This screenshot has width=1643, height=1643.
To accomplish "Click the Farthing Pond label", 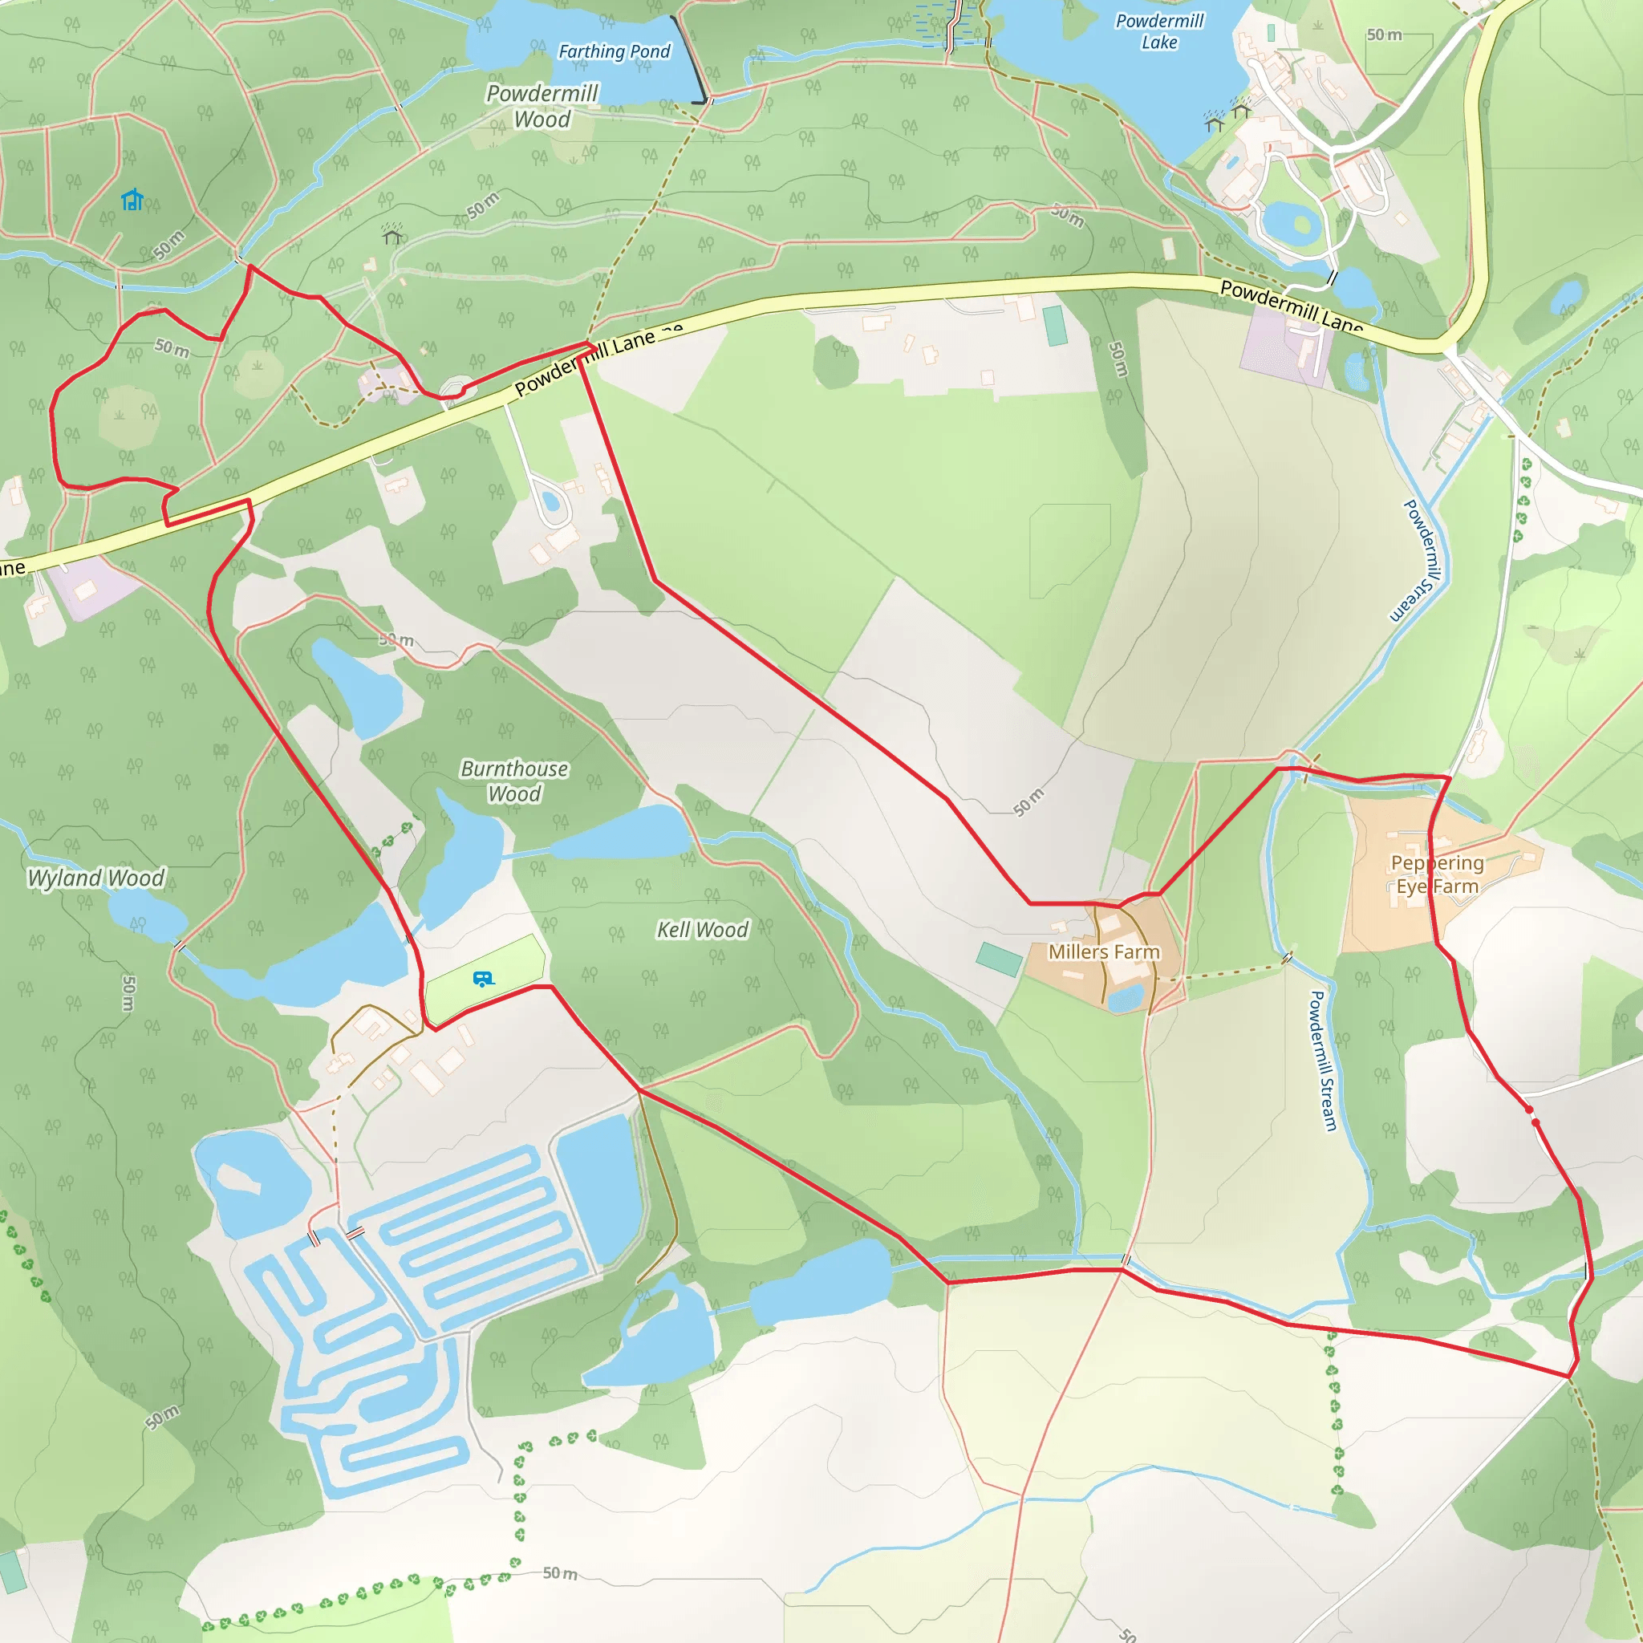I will point(614,52).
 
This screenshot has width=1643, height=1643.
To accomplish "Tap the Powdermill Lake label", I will point(1159,31).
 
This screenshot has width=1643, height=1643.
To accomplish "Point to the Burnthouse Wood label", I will point(514,781).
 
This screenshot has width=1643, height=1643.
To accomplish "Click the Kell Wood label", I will point(703,930).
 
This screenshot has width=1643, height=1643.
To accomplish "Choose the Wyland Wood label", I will point(96,878).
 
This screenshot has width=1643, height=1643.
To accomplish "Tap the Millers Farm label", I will point(1104,951).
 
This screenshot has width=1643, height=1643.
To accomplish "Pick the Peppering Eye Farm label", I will point(1436,874).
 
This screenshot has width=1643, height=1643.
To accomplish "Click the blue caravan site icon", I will point(483,980).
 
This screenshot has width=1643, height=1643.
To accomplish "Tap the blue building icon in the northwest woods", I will point(132,200).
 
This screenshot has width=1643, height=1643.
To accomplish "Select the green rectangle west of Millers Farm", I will point(1000,959).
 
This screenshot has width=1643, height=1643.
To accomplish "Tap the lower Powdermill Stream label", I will point(1324,1061).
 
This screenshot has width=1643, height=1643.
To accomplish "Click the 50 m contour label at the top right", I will point(1384,34).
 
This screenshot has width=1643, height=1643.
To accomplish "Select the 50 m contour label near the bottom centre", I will point(561,1573).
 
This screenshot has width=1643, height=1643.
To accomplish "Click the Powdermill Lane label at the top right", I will point(1291,306).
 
